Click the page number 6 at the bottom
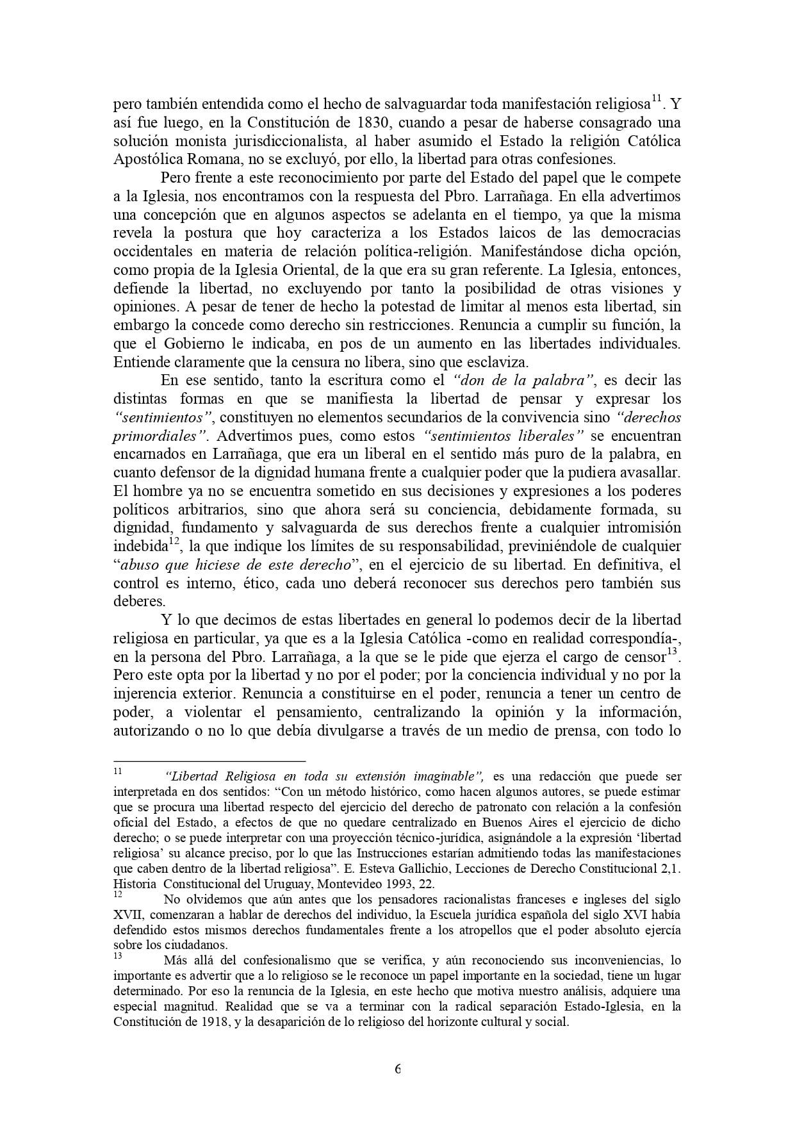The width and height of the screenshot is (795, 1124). [x=398, y=1068]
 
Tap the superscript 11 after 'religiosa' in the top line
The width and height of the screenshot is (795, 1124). [x=657, y=99]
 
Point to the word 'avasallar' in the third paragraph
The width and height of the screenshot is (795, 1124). [x=651, y=472]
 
